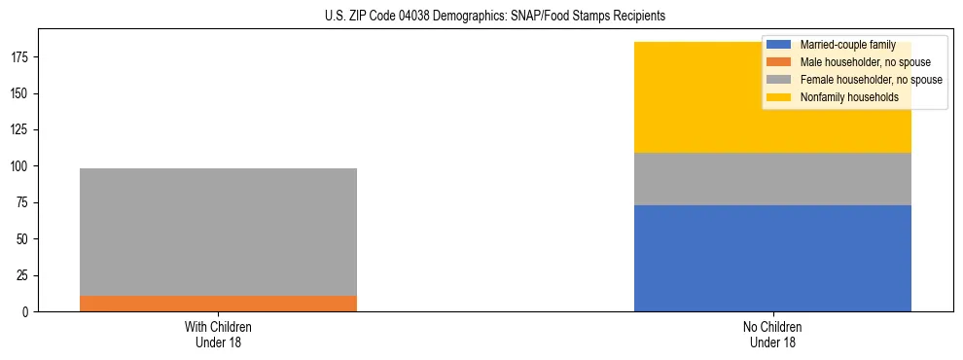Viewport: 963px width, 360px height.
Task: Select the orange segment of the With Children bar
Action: pyautogui.click(x=218, y=303)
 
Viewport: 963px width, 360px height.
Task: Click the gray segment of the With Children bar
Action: pyautogui.click(x=218, y=232)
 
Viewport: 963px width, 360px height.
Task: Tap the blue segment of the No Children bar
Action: pyautogui.click(x=772, y=258)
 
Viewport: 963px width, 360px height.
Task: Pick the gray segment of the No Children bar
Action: pyautogui.click(x=772, y=179)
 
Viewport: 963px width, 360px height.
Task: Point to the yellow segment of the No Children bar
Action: pyautogui.click(x=700, y=97)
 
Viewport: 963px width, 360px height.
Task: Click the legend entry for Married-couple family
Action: pyautogui.click(x=843, y=45)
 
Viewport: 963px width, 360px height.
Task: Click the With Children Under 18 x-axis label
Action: pyautogui.click(x=218, y=334)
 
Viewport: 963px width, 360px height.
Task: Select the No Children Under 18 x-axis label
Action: pyautogui.click(x=772, y=334)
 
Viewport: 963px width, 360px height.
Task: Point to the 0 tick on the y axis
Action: pyautogui.click(x=27, y=311)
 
